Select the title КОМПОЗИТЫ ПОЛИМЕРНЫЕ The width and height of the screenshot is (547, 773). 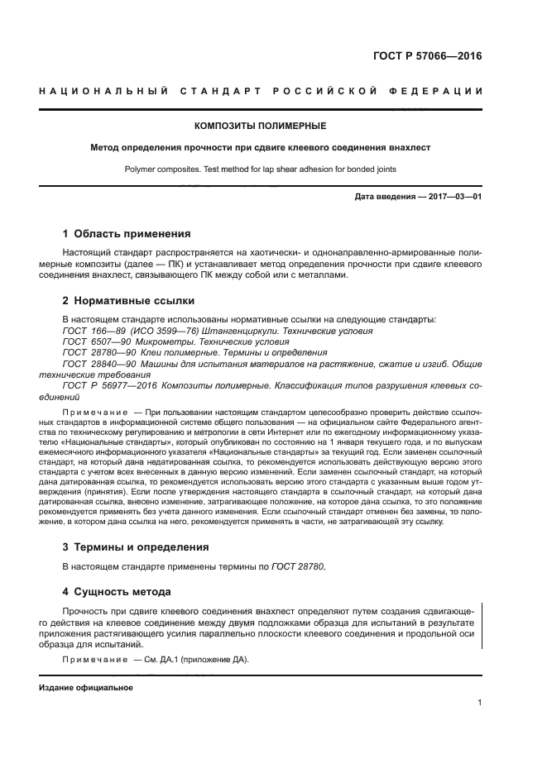coord(260,126)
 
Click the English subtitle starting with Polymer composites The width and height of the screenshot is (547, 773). coord(260,169)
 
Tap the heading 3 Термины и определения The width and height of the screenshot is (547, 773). coord(136,547)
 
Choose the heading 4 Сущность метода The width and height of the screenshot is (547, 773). coord(117,591)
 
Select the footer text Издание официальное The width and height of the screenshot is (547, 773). coord(85,688)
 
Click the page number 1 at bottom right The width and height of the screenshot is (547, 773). coord(479,703)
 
